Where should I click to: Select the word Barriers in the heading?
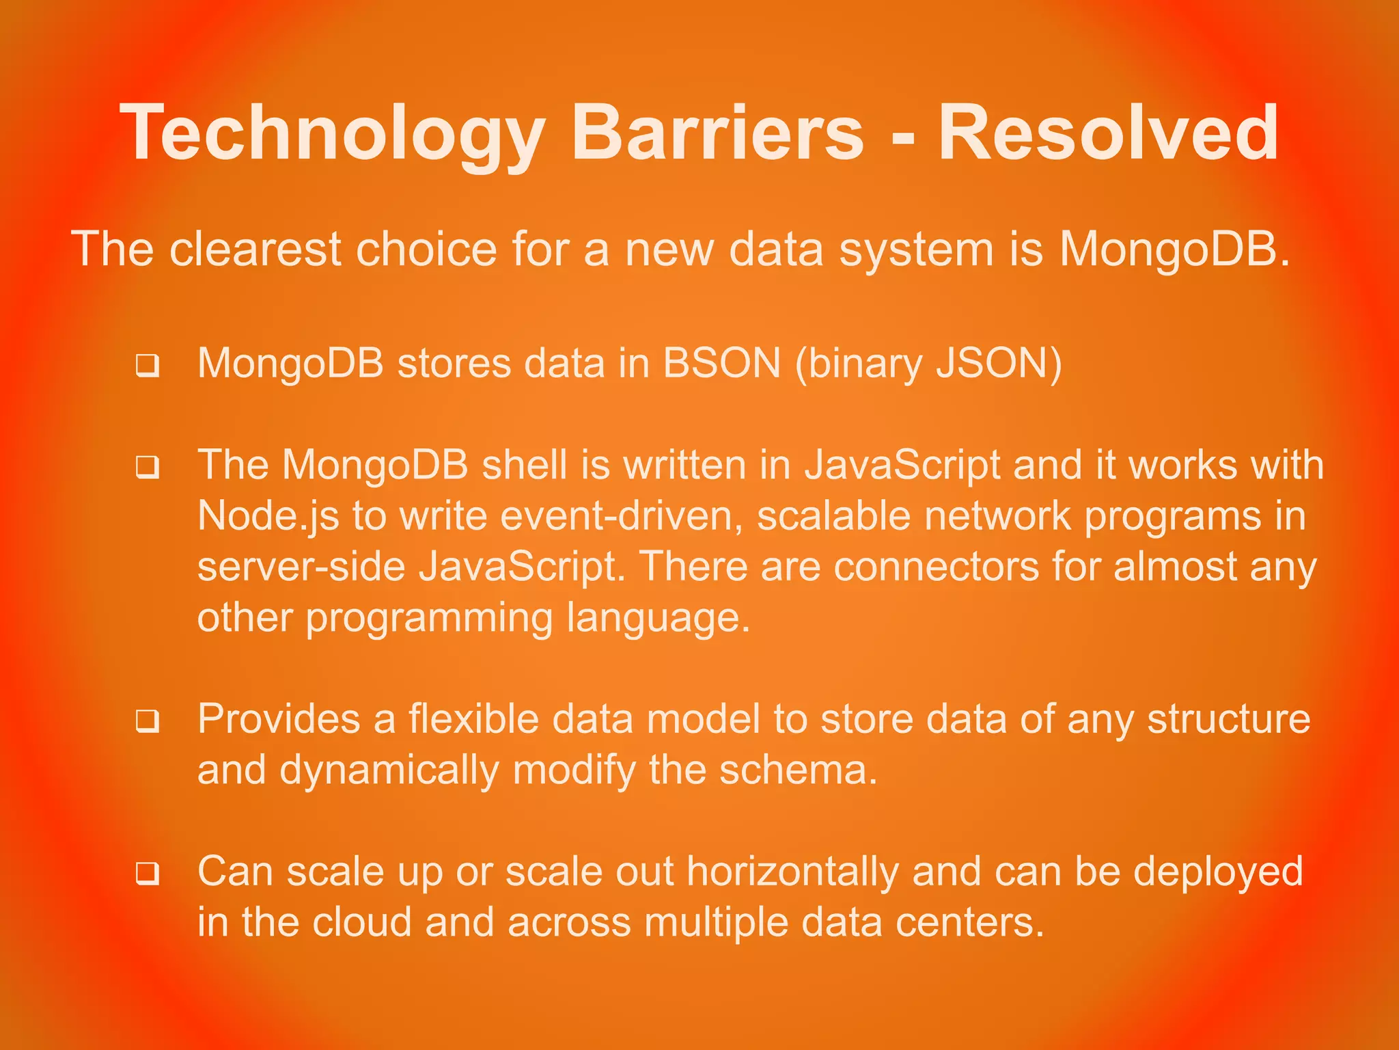[x=717, y=133]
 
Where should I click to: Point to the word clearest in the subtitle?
[x=255, y=249]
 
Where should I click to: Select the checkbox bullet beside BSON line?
[x=148, y=366]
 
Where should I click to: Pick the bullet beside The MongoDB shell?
[x=148, y=468]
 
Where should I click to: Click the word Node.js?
[x=268, y=517]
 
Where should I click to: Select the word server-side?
[x=301, y=567]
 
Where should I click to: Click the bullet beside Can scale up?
[x=148, y=874]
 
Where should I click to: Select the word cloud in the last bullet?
[x=361, y=923]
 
